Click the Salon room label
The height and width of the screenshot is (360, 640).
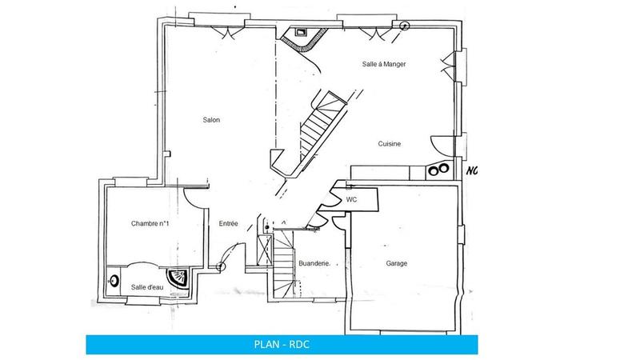pos(211,120)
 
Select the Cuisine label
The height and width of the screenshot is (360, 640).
pos(390,144)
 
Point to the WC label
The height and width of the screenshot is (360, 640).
pos(351,199)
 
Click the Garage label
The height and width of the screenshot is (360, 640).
pos(397,263)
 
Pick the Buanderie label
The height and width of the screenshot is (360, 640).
pos(313,263)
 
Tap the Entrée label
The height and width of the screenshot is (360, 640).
pos(229,224)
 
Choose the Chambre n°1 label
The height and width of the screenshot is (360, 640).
pos(150,224)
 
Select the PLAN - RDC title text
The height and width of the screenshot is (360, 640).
pos(285,346)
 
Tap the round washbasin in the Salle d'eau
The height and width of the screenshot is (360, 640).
pos(114,282)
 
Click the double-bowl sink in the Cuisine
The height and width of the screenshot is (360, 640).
pos(438,170)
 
